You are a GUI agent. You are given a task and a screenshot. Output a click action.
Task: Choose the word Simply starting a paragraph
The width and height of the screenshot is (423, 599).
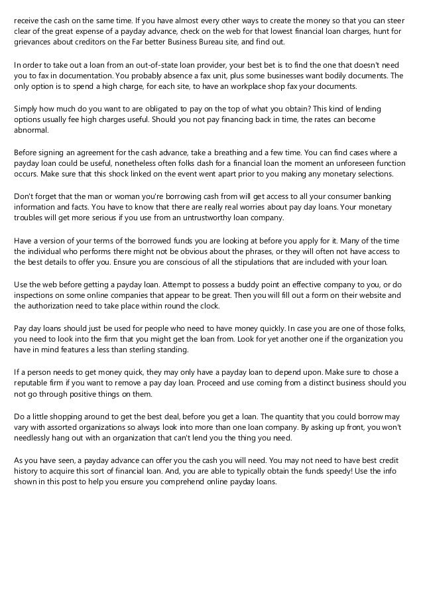pos(27,109)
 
